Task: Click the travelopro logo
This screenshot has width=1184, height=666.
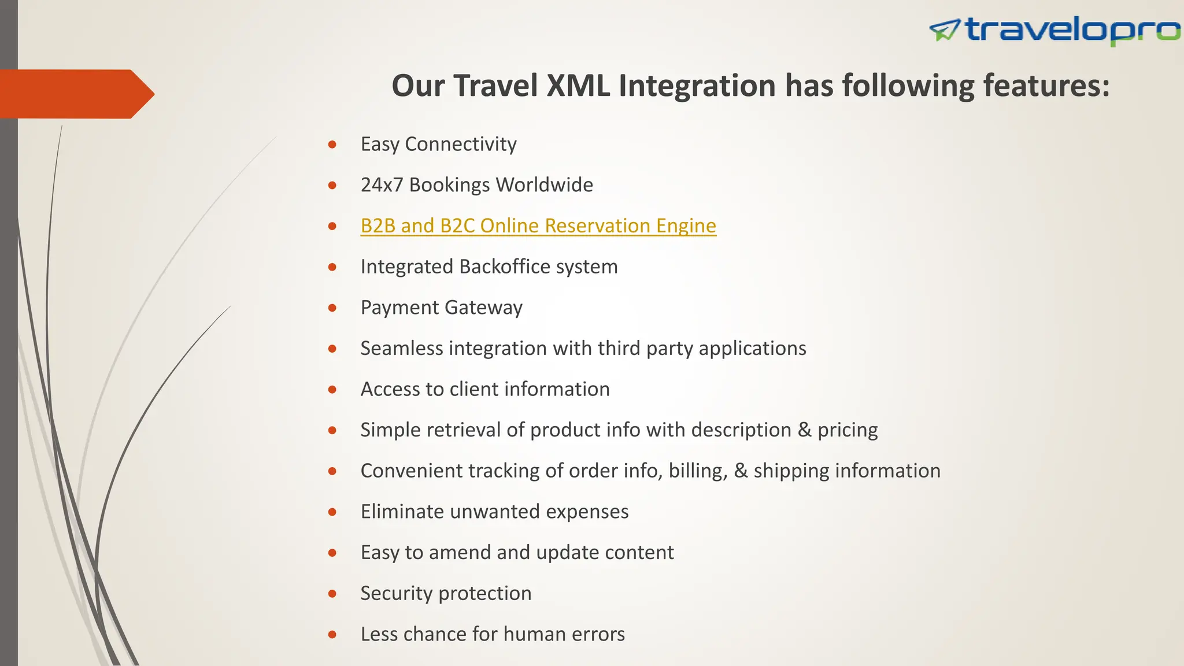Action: [1055, 30]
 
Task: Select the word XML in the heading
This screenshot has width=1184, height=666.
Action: [578, 86]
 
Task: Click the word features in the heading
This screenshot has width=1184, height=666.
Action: [1046, 86]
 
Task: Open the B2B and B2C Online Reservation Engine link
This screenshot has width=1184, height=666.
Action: [538, 225]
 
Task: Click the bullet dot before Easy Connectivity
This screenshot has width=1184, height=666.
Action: [332, 145]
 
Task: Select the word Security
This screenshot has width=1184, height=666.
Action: [396, 593]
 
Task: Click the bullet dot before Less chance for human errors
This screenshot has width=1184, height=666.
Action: [332, 635]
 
